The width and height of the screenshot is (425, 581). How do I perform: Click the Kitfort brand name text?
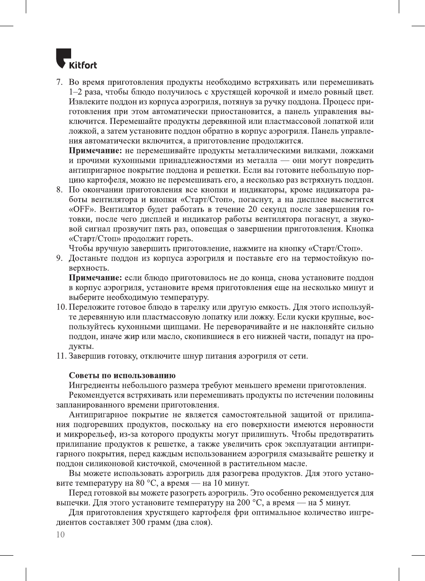point(83,65)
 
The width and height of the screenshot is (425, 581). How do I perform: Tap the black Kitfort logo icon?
point(63,58)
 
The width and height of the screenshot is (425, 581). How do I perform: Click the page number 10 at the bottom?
point(60,534)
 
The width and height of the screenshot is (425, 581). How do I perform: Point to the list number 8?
point(59,190)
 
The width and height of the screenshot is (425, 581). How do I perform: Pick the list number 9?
point(59,258)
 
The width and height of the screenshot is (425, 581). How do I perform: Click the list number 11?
point(60,356)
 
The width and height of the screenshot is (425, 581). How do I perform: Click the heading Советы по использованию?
point(122,376)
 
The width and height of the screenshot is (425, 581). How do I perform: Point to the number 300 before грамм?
point(139,522)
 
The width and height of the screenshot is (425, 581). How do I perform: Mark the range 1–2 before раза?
point(77,92)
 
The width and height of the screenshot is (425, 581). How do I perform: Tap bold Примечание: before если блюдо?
point(95,278)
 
